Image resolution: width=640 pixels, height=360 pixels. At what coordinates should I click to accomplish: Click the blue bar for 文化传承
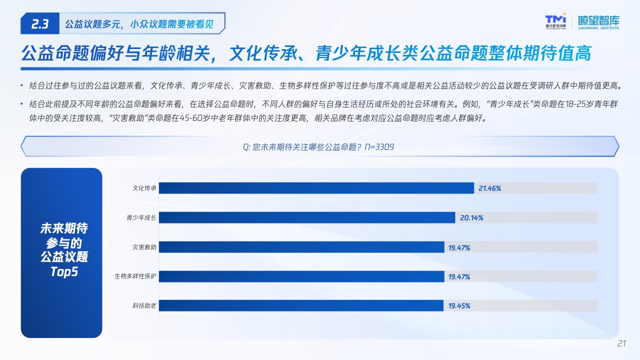click(316, 188)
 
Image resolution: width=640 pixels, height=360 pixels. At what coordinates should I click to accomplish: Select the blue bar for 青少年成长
click(307, 217)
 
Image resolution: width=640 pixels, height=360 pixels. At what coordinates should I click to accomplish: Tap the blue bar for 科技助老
click(301, 305)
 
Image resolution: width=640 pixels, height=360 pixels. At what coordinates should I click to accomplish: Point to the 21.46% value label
click(489, 188)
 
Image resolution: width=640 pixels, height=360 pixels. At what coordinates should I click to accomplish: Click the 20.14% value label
click(471, 217)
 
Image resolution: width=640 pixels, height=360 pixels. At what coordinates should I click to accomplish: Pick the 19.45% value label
click(459, 305)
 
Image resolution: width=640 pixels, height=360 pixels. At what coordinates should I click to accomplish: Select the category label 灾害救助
click(144, 247)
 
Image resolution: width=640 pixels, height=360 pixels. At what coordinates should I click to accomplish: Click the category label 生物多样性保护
click(135, 276)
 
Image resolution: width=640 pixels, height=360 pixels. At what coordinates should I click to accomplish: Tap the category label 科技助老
click(144, 305)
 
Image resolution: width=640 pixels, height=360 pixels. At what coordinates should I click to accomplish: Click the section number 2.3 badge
click(40, 23)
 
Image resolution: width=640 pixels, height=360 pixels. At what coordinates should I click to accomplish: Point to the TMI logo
click(555, 21)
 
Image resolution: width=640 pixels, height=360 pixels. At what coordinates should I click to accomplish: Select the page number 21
click(621, 343)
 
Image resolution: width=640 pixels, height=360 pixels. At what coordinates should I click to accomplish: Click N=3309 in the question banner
click(379, 147)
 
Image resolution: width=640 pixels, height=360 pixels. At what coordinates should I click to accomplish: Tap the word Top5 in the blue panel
click(64, 271)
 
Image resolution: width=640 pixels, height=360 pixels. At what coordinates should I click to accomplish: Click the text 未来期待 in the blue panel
click(64, 228)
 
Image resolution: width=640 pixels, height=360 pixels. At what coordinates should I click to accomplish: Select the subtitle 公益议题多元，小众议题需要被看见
click(139, 24)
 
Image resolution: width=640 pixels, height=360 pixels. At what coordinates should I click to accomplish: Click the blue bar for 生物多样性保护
click(301, 276)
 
